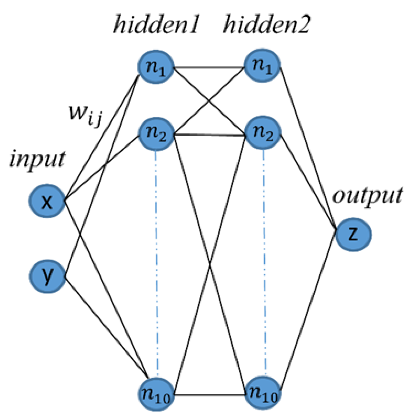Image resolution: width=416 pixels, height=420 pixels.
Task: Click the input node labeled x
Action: tap(46, 201)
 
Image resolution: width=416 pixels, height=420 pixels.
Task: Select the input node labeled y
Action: tap(47, 276)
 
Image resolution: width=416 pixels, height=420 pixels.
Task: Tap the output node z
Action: tap(353, 234)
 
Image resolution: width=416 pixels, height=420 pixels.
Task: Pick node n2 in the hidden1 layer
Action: tap(156, 134)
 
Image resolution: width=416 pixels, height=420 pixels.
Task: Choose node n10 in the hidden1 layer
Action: tap(156, 394)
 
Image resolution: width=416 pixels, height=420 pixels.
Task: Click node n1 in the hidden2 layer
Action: tap(262, 66)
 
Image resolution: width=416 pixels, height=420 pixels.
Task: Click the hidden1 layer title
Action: tap(156, 25)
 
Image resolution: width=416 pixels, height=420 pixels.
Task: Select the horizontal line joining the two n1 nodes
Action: tap(209, 68)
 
